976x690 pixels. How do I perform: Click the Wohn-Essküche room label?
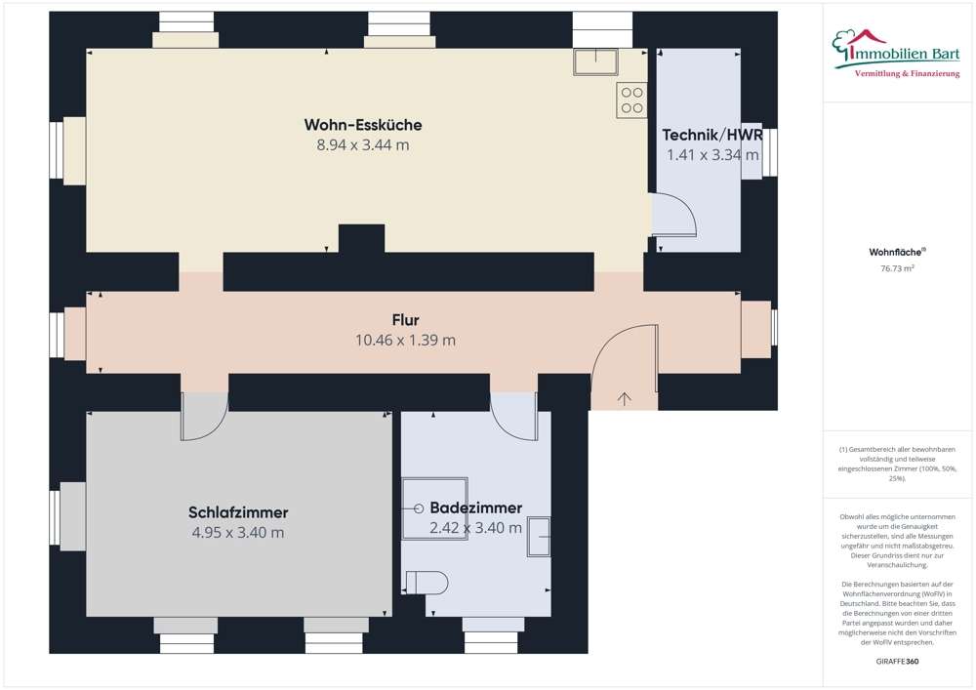[x=362, y=125]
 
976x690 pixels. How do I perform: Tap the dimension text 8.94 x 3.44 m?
[x=362, y=145]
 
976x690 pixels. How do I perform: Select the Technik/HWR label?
[x=712, y=135]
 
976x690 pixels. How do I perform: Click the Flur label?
[x=405, y=320]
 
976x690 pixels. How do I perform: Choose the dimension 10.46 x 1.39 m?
[x=405, y=341]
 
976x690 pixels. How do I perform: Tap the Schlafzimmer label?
[x=238, y=512]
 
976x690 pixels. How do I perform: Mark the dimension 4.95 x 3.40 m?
[x=238, y=533]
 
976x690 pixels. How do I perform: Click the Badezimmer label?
[x=475, y=507]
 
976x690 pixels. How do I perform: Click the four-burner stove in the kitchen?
[x=631, y=101]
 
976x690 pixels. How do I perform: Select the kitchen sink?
[x=594, y=61]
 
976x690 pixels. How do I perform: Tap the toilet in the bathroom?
[x=427, y=583]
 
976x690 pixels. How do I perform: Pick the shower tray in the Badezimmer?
[x=434, y=508]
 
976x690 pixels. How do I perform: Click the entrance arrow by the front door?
[x=624, y=397]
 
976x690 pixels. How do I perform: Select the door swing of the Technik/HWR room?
[x=674, y=216]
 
